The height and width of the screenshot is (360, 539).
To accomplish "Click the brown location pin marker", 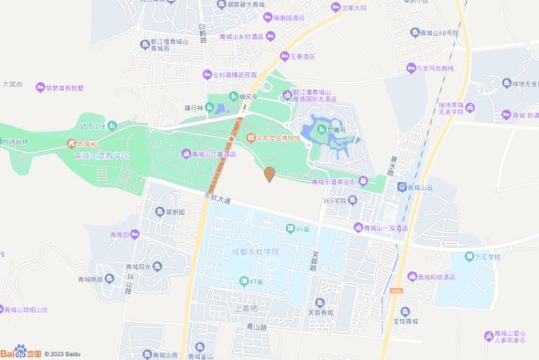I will click(269, 174).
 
